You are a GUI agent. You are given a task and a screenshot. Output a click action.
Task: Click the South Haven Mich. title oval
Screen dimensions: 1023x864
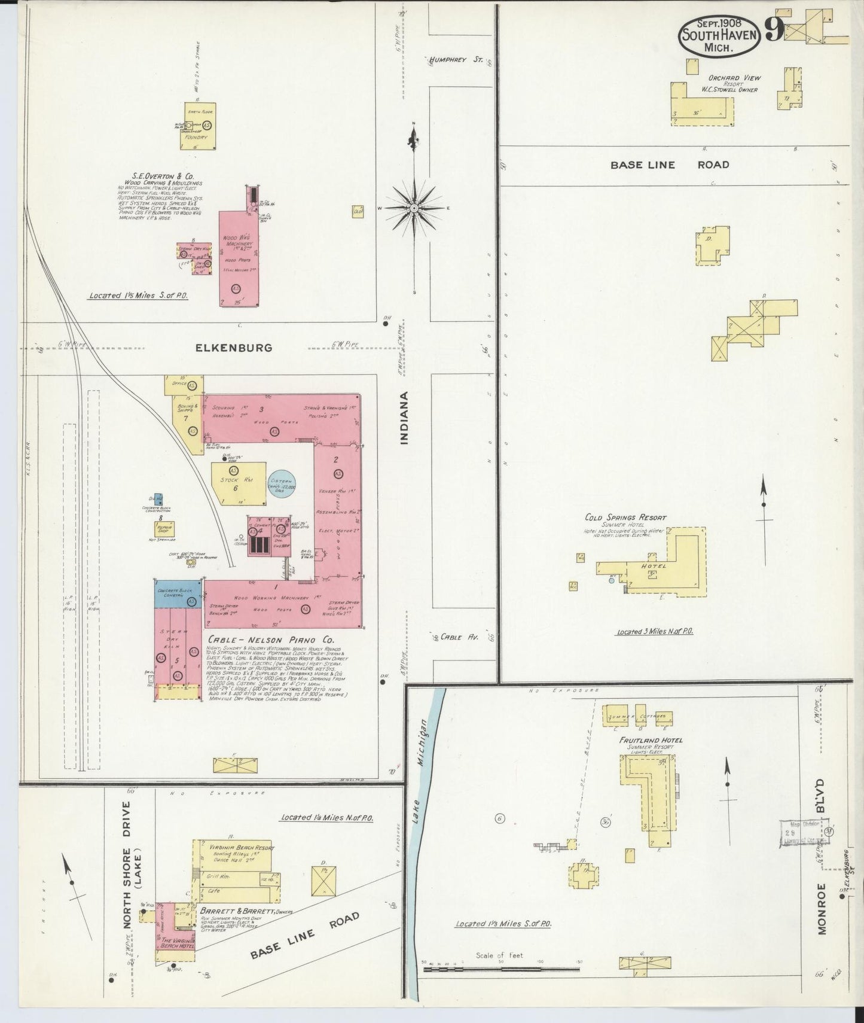coord(719,35)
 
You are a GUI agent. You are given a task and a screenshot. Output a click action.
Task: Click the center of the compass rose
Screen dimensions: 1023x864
coord(413,208)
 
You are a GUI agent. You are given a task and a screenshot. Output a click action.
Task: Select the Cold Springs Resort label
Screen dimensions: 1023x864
coord(625,517)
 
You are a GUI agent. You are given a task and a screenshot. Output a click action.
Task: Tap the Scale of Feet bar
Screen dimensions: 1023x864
coord(501,967)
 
